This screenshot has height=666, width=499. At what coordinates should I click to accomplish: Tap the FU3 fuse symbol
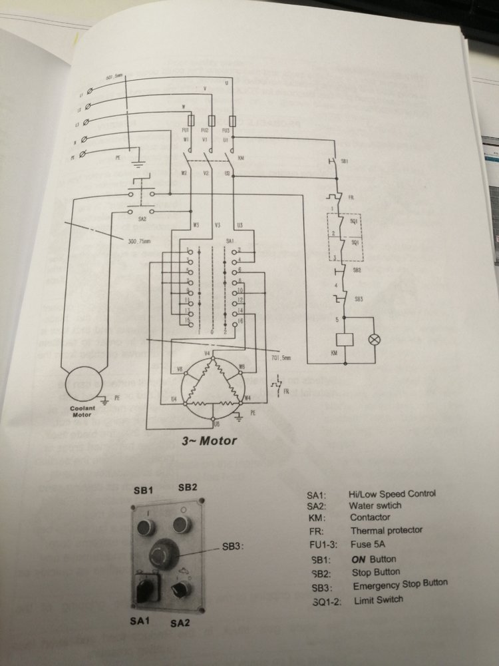tap(230, 119)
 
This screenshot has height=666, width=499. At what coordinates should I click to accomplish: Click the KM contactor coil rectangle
tap(344, 338)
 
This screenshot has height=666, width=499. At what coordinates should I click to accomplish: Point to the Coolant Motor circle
tap(84, 384)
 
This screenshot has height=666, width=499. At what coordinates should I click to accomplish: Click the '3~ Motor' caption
tap(209, 440)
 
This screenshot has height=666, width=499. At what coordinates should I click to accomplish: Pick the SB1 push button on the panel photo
tap(146, 528)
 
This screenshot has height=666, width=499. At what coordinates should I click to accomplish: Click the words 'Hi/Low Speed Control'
tap(391, 494)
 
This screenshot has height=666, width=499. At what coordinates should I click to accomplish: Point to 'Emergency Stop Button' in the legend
tap(400, 584)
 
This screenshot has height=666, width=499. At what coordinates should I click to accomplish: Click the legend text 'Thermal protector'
tap(387, 531)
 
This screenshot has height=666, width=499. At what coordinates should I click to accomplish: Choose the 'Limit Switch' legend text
tap(377, 599)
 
